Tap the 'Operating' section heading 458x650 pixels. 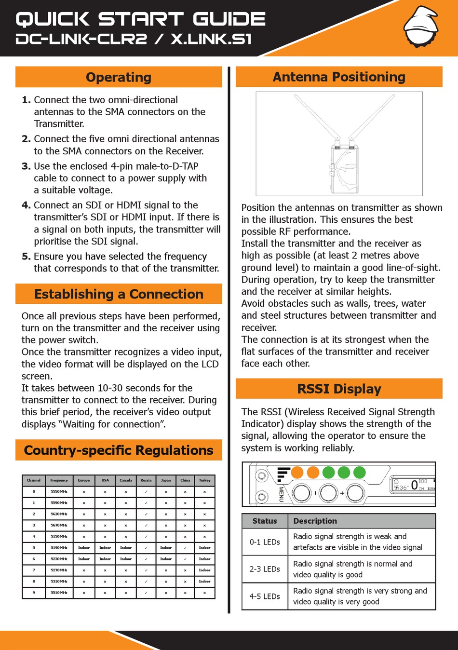click(x=119, y=77)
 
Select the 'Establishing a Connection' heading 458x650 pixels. click(x=119, y=294)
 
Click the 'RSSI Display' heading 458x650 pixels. click(x=339, y=389)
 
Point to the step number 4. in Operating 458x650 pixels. click(x=26, y=205)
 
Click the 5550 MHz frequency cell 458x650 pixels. click(x=59, y=492)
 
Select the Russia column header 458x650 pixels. click(x=146, y=480)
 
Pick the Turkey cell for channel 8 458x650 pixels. click(x=204, y=582)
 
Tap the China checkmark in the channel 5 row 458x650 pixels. click(x=185, y=548)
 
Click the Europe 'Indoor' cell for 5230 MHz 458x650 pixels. click(x=84, y=559)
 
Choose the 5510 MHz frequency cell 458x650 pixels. click(x=59, y=593)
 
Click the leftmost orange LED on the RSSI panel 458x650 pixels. click(x=297, y=472)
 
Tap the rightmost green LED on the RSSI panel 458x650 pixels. click(x=360, y=472)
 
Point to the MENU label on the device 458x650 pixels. click(x=281, y=494)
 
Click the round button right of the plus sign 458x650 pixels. click(x=355, y=493)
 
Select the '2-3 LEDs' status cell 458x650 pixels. click(x=265, y=569)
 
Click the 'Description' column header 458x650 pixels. click(x=315, y=521)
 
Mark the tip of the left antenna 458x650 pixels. click(x=296, y=95)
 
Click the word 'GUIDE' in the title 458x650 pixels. click(x=229, y=19)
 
